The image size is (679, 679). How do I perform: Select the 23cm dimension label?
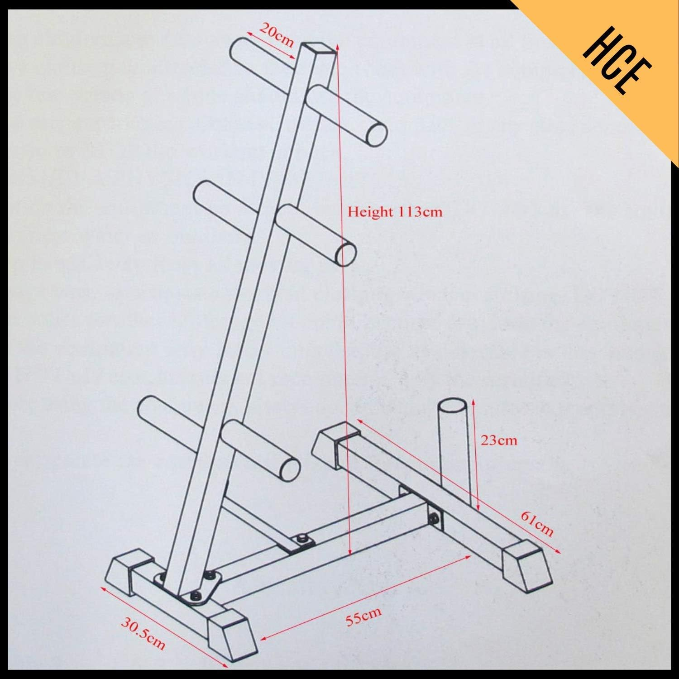[498, 440]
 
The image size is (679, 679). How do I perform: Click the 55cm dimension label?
[363, 616]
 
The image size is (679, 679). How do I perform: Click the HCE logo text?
[617, 62]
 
